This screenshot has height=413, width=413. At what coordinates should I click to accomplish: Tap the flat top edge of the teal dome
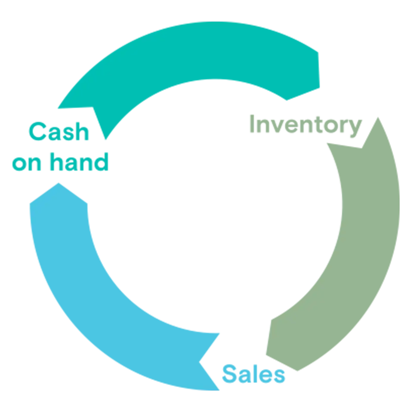coord(215,22)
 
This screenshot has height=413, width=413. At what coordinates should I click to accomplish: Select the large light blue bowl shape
coord(172,267)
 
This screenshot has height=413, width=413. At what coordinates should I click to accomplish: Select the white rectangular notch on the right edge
coord(407,204)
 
